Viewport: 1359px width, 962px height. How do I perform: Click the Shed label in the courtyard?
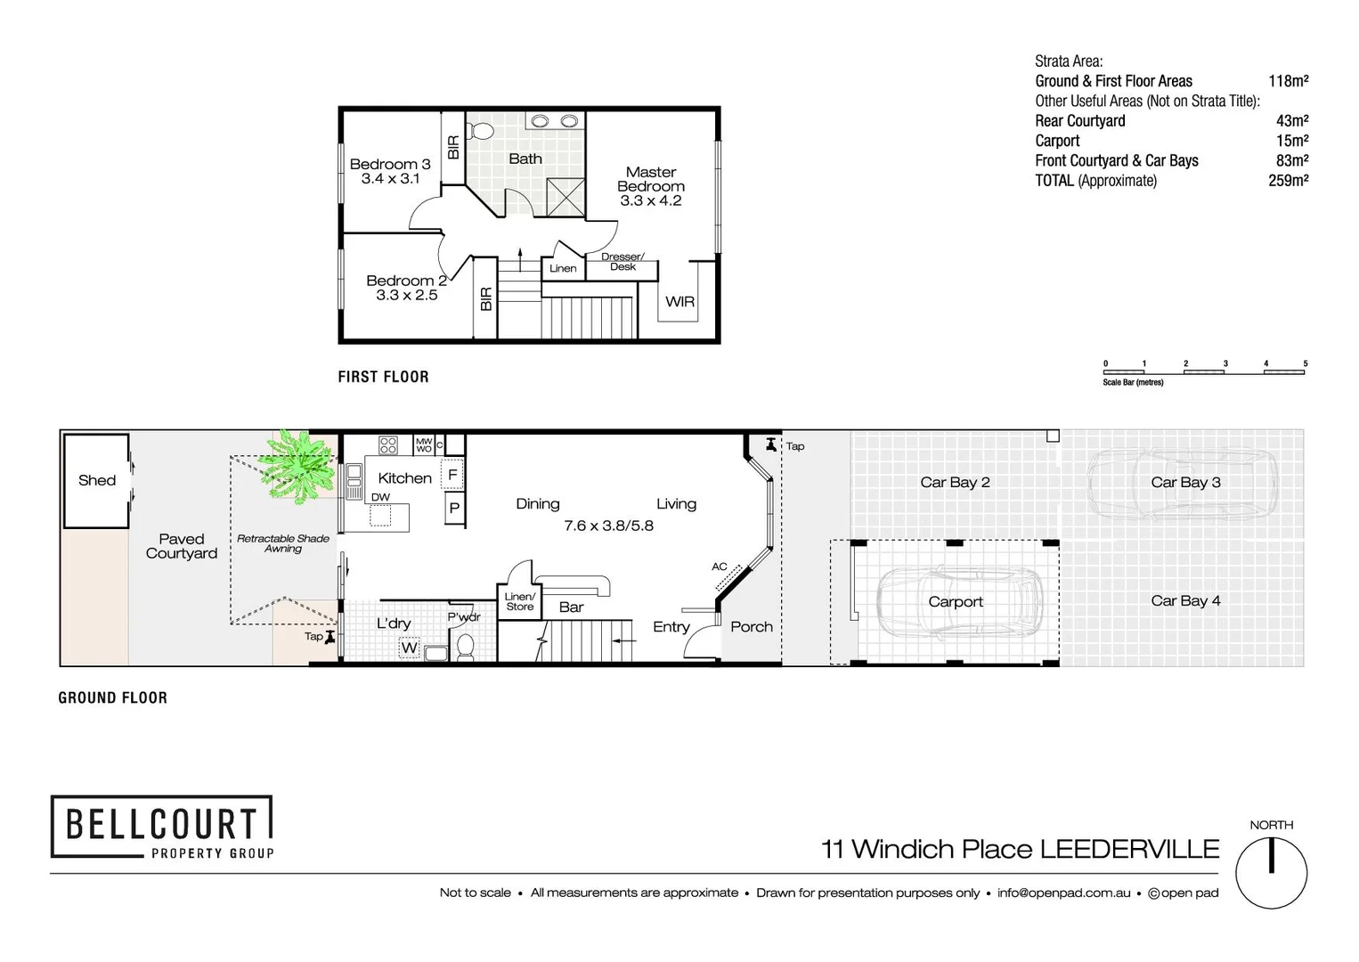pos(96,480)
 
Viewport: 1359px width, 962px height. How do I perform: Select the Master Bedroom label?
pos(650,179)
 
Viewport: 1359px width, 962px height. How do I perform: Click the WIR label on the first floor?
pos(679,302)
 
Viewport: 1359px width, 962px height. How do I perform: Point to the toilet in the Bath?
pos(482,132)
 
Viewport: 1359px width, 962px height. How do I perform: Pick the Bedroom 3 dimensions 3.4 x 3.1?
pos(390,179)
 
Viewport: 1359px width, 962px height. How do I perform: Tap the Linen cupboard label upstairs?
pos(563,268)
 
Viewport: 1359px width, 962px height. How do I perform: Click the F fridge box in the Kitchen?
pos(452,475)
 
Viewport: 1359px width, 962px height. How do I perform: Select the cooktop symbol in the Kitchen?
pos(388,444)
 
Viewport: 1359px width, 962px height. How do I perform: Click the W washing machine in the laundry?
pos(409,648)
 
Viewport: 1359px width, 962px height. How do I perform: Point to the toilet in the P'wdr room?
pos(465,646)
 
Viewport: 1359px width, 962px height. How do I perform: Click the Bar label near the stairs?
pos(571,607)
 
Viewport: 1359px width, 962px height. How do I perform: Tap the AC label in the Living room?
pos(720,567)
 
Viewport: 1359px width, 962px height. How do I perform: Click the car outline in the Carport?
pos(959,601)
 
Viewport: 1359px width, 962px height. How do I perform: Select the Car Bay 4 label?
pos(1185,600)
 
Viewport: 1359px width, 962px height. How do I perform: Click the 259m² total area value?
pos(1288,181)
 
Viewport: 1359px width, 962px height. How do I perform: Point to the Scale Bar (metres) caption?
pos(1133,382)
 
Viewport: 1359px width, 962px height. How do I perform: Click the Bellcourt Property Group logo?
pos(161,827)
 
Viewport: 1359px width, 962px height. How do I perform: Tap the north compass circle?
pos(1271,873)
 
